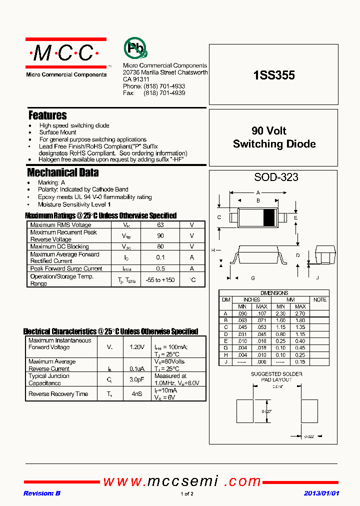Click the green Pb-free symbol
click(x=135, y=48)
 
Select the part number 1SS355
click(x=274, y=75)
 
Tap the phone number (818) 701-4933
click(x=164, y=86)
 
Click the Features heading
click(x=47, y=115)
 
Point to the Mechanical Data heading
click(x=62, y=173)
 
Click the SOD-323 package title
click(x=276, y=177)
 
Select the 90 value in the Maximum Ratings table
click(x=160, y=235)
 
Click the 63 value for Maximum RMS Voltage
click(x=160, y=225)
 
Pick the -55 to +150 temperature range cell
click(x=160, y=280)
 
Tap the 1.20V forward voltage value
click(x=136, y=347)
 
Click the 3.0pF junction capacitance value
click(x=136, y=379)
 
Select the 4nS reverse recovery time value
click(x=136, y=394)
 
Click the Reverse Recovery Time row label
click(x=58, y=394)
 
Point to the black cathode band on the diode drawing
click(x=269, y=217)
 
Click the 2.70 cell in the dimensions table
click(x=300, y=313)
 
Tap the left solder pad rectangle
click(x=244, y=411)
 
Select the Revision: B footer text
click(x=42, y=493)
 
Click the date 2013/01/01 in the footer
click(x=321, y=493)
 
